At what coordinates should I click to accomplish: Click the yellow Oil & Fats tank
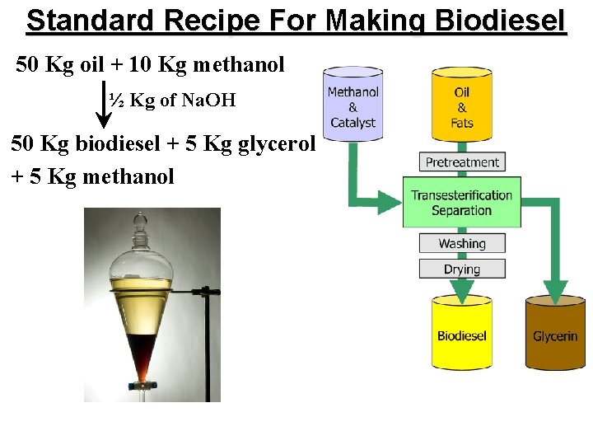pyautogui.click(x=462, y=107)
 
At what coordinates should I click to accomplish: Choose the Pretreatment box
pyautogui.click(x=462, y=162)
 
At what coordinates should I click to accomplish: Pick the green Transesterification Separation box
pyautogui.click(x=462, y=202)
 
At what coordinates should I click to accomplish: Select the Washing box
pyautogui.click(x=462, y=243)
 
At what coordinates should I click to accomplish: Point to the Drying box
pyautogui.click(x=462, y=269)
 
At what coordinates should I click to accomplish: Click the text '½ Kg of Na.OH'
pyautogui.click(x=172, y=101)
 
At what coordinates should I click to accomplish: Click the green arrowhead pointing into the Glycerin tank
pyautogui.click(x=555, y=289)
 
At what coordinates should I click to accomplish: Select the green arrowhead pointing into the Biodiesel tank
pyautogui.click(x=462, y=288)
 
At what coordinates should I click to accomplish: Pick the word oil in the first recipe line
pyautogui.click(x=98, y=64)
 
